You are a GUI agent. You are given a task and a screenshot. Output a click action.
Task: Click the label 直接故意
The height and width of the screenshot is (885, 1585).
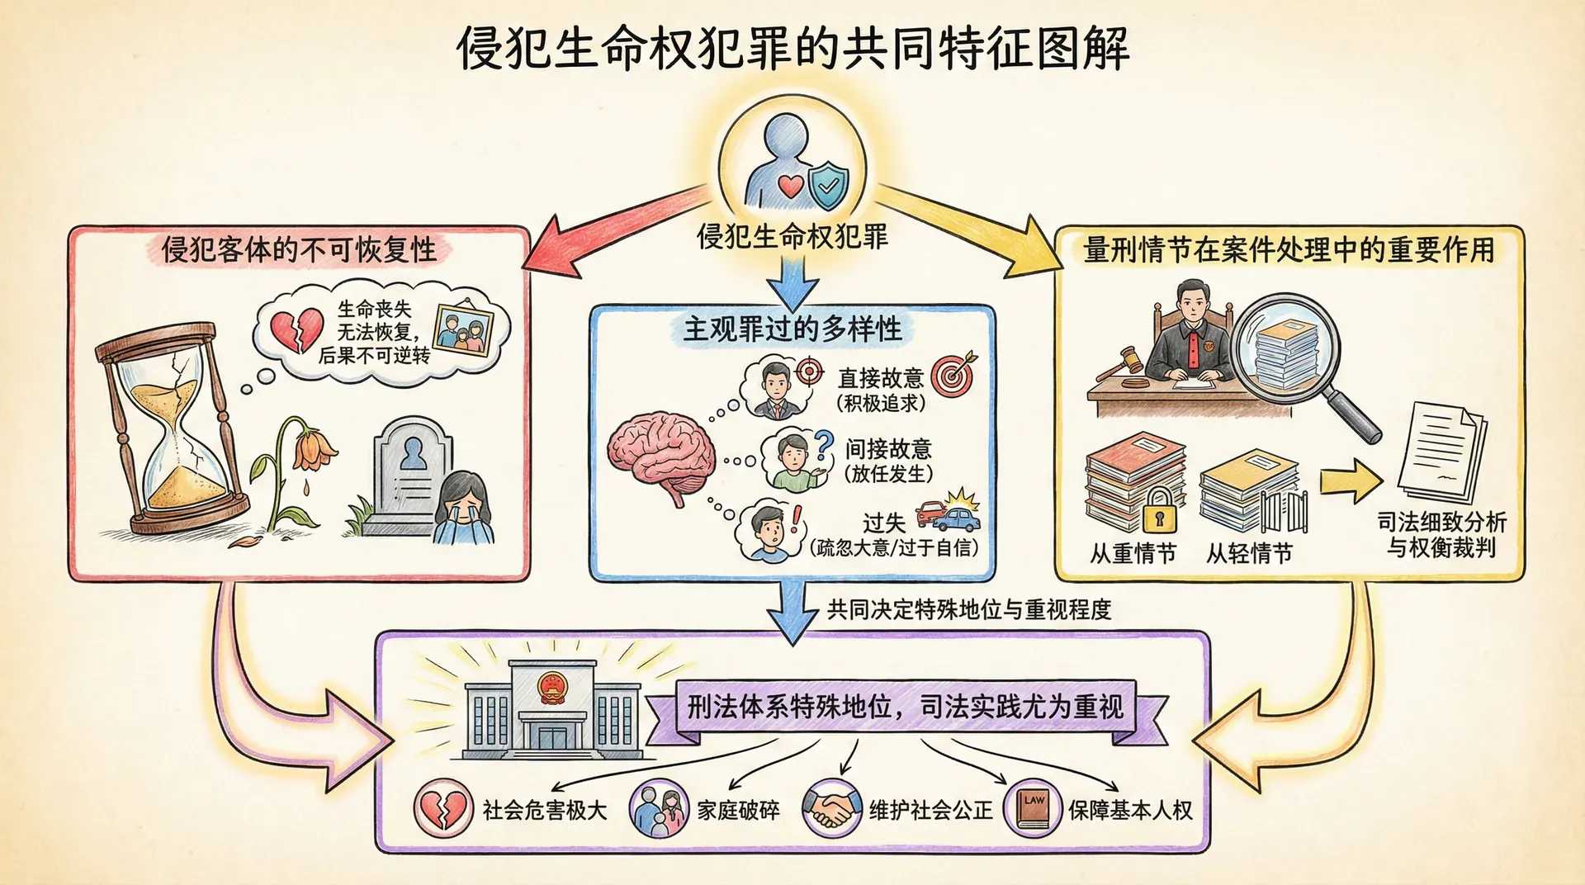[x=880, y=378]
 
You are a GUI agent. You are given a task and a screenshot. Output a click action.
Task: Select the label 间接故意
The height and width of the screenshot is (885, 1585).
[x=888, y=449]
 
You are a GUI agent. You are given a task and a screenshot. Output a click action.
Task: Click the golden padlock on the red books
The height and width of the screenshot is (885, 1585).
[x=1159, y=511]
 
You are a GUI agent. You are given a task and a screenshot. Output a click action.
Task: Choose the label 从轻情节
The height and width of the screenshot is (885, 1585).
[x=1249, y=553]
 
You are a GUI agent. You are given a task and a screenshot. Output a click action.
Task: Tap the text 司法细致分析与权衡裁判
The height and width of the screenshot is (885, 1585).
[x=1441, y=535]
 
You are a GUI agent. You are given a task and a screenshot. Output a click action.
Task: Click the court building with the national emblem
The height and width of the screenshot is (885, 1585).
[x=550, y=710]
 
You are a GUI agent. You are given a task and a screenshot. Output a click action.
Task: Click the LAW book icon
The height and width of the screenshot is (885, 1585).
[x=1032, y=808]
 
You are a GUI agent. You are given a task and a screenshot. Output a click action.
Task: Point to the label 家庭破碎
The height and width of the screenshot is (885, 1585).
[x=738, y=810]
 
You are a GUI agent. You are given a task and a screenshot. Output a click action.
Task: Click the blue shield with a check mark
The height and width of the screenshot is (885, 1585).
[x=828, y=185]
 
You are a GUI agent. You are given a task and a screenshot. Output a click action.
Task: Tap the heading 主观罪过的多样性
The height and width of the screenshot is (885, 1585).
[x=792, y=329]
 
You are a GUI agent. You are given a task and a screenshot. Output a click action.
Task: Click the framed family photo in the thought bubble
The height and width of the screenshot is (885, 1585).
[x=462, y=331]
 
